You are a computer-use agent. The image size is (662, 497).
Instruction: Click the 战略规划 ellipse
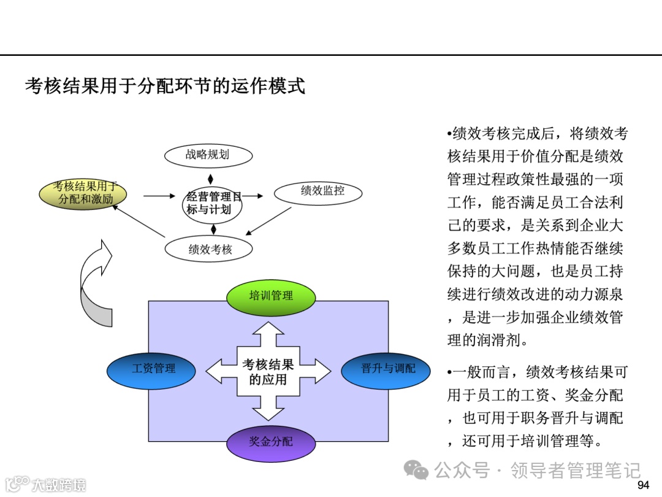coord(208,155)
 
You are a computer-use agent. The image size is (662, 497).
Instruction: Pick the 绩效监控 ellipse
coord(318,191)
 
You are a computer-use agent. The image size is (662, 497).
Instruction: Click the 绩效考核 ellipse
coord(210,249)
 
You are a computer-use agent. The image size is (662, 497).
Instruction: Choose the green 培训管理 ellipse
coord(271,296)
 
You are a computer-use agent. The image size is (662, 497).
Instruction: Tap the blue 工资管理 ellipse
coord(151,369)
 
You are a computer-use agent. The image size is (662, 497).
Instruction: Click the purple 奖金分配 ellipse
coord(271,442)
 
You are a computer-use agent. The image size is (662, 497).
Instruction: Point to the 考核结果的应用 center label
coord(268,372)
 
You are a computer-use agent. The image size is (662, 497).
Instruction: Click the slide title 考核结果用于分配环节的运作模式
coord(165,86)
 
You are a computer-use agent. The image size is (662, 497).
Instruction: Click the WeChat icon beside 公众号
coord(420,471)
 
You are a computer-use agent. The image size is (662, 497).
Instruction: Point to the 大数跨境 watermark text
coord(58,485)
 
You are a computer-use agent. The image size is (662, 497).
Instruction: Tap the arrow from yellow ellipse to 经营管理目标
coord(159,196)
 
